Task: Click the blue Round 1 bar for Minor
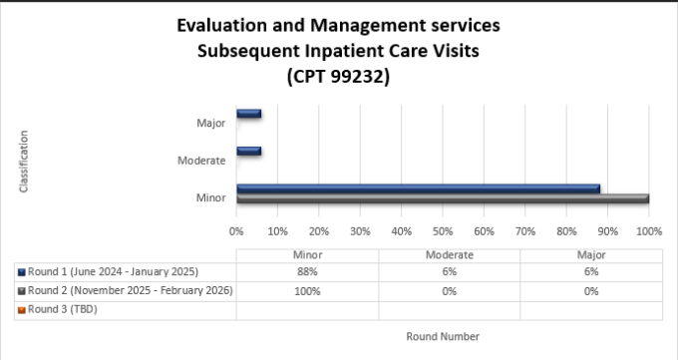point(418,188)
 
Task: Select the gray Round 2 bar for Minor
point(443,198)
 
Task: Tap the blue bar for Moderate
point(248,152)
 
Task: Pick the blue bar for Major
point(248,114)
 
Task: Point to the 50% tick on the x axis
point(443,231)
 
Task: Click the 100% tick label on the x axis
point(648,231)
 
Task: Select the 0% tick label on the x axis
point(237,231)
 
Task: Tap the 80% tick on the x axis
point(566,231)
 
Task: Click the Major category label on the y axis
point(210,125)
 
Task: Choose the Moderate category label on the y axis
point(201,162)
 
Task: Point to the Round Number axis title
point(443,336)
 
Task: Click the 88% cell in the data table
point(307,272)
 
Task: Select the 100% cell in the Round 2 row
point(307,291)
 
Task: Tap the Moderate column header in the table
point(450,255)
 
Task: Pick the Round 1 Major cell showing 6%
point(591,272)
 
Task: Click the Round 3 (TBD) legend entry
point(63,309)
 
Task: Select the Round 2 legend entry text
point(131,290)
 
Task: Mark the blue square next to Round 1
point(22,272)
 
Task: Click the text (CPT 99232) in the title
point(338,76)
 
